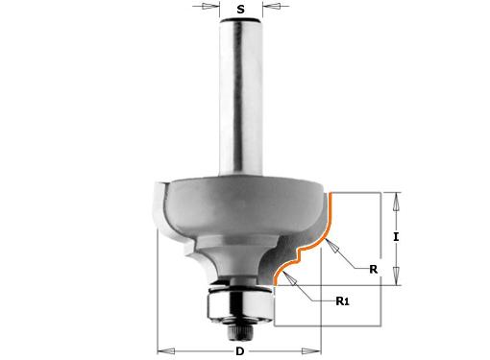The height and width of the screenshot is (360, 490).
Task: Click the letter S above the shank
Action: pos(240,9)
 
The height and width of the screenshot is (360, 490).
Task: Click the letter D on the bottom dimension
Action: pos(240,351)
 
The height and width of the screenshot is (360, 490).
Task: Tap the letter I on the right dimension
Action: pos(396,237)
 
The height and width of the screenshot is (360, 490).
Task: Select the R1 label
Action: pos(342,301)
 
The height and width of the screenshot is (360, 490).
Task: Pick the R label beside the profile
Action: pos(374,269)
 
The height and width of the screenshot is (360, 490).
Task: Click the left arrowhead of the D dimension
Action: pos(166,351)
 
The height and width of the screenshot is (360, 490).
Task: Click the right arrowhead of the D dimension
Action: pos(311,351)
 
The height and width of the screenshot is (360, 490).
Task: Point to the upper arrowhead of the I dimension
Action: pos(397,202)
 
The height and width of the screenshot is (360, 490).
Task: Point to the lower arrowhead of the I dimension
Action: pos(397,276)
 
